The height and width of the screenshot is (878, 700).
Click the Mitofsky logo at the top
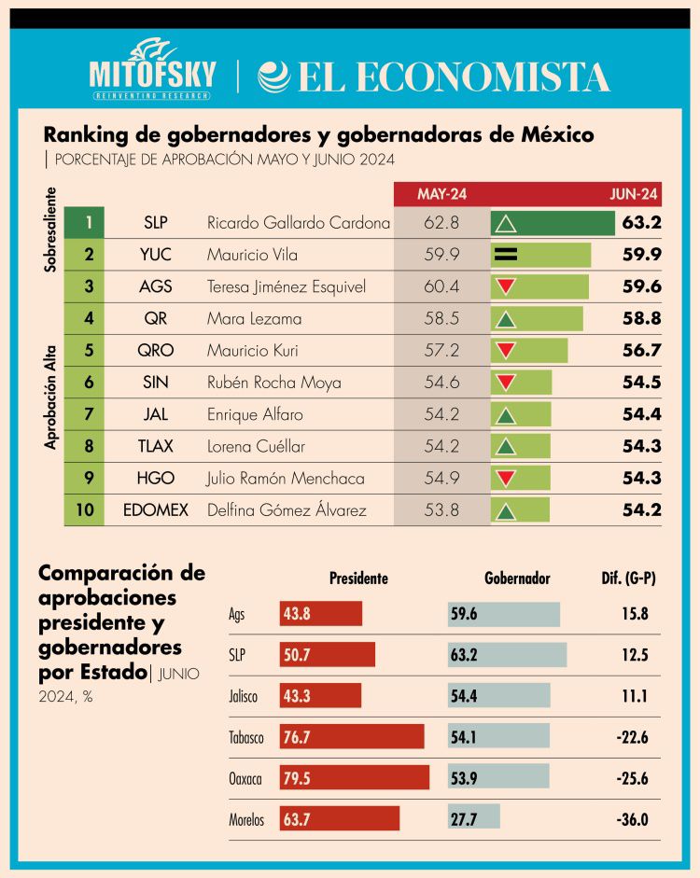152,69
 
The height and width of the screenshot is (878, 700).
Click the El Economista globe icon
273,77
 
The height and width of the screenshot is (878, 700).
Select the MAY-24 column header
441,194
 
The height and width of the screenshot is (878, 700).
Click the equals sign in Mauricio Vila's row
506,255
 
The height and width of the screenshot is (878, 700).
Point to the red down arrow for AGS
506,286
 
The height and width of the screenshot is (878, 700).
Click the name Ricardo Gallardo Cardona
298,223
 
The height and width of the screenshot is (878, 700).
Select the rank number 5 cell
89,351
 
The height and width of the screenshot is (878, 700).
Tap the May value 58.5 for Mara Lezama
441,319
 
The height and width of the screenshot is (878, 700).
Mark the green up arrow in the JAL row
506,415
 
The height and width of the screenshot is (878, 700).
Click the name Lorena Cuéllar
256,447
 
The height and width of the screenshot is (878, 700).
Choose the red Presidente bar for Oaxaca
355,777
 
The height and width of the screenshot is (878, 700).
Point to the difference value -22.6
632,738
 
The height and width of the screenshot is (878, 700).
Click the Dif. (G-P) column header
628,578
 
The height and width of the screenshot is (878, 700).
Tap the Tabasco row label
246,738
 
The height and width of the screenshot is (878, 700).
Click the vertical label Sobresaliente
52,230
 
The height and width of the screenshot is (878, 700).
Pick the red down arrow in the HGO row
506,479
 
